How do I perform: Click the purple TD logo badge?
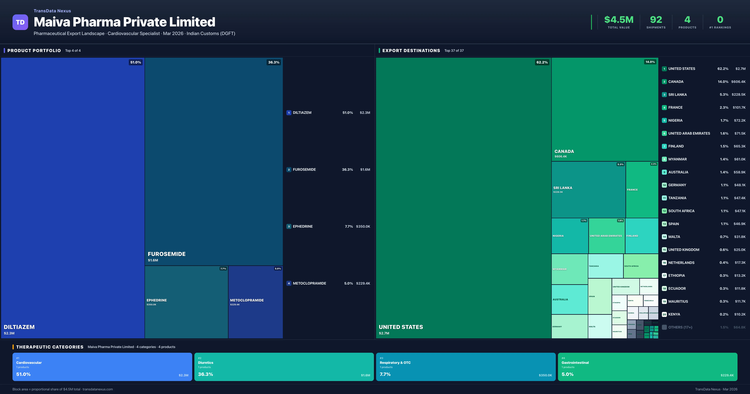(x=20, y=22)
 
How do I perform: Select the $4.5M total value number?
(x=619, y=20)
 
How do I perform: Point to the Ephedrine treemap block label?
(x=157, y=300)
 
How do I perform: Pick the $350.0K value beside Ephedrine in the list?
(x=363, y=226)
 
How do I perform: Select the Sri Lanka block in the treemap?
(x=588, y=189)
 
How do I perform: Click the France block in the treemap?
(x=642, y=190)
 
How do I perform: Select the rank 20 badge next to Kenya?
(x=664, y=314)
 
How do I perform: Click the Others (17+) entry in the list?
(x=680, y=327)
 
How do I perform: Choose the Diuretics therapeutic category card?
(x=284, y=367)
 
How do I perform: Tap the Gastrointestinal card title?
(x=575, y=363)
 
